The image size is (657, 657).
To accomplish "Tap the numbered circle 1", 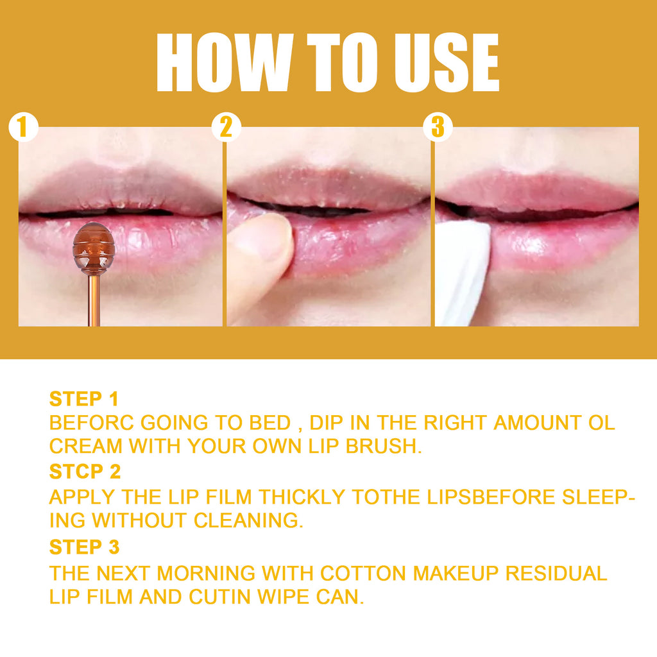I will tap(23, 127).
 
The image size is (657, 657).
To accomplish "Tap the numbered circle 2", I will tap(226, 127).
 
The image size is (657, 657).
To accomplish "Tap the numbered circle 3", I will tap(438, 127).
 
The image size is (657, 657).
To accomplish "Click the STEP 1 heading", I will tap(84, 399).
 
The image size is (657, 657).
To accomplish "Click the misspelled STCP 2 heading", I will tap(85, 472).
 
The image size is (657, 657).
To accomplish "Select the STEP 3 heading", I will tap(84, 547).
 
